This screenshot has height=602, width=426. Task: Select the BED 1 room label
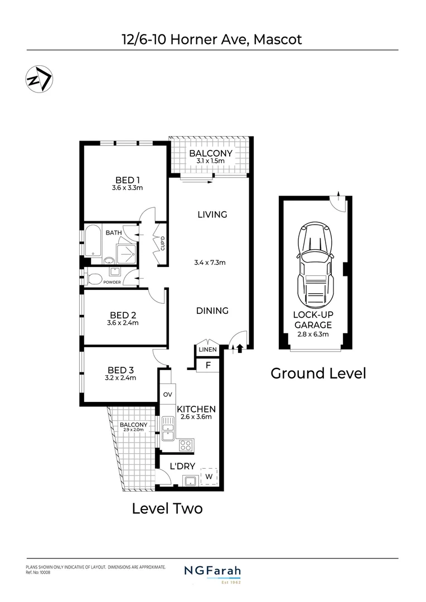click(x=127, y=179)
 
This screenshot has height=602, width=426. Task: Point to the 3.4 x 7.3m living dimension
click(x=212, y=263)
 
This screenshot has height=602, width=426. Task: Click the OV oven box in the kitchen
click(x=167, y=395)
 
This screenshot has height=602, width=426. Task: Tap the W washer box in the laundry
click(x=209, y=477)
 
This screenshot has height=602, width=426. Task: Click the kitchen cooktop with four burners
click(x=186, y=445)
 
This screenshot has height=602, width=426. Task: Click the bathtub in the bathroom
click(x=93, y=244)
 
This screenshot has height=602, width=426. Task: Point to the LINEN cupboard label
click(x=206, y=349)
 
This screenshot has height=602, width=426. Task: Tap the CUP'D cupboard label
click(x=162, y=244)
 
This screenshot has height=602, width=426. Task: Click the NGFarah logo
click(x=212, y=572)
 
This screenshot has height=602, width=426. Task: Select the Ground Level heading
click(x=318, y=373)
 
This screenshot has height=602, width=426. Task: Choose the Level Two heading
click(x=167, y=508)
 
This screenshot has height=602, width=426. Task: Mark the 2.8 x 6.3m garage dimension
click(x=313, y=335)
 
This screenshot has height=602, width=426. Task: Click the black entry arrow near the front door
click(x=240, y=349)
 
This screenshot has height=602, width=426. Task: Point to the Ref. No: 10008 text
click(x=38, y=572)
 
